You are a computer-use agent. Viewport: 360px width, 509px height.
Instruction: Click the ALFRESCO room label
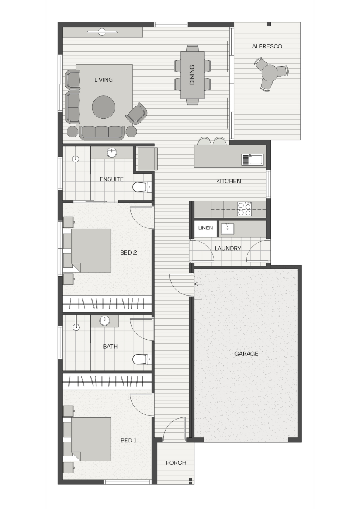tap(267, 46)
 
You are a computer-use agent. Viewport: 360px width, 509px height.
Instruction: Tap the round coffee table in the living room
tap(104, 107)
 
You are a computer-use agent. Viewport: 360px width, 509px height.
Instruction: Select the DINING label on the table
tap(192, 75)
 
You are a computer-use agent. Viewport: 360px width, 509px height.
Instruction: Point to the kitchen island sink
tap(253, 159)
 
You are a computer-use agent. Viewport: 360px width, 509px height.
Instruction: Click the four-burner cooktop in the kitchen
tap(245, 209)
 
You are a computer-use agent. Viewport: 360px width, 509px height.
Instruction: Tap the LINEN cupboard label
tap(205, 228)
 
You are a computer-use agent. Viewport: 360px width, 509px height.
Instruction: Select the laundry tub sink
tap(228, 228)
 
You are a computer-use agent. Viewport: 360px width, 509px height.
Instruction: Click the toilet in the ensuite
tap(142, 187)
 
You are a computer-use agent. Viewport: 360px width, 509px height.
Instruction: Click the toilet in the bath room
tap(142, 359)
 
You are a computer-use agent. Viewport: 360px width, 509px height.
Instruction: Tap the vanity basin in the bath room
tap(104, 321)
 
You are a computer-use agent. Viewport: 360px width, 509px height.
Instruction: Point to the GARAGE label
tap(246, 354)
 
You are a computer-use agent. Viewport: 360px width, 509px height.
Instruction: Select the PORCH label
tap(176, 463)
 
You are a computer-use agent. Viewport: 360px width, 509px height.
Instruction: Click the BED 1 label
tap(129, 440)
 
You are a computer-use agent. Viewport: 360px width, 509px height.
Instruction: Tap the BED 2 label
tap(129, 252)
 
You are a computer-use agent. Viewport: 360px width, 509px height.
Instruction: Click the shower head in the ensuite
tap(76, 159)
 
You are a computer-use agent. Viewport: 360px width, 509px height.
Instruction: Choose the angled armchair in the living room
tap(136, 114)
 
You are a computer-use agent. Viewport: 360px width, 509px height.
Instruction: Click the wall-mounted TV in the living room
tap(102, 32)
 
